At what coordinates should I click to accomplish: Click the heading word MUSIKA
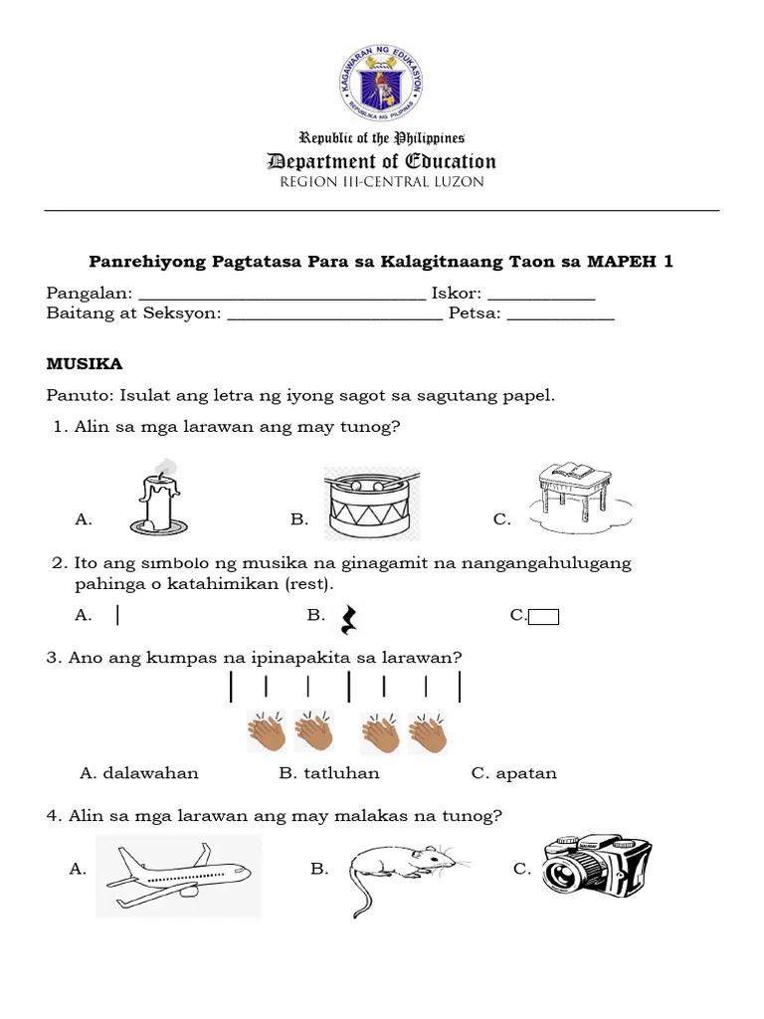[x=85, y=364]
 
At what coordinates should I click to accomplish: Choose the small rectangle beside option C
[x=544, y=617]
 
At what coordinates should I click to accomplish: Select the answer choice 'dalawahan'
[x=139, y=773]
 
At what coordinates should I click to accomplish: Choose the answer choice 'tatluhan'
[x=329, y=773]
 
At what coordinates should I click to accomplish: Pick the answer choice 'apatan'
[x=514, y=773]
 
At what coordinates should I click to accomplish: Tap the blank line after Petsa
[x=561, y=317]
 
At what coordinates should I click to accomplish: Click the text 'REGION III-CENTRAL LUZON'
[x=382, y=182]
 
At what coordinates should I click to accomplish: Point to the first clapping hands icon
[x=267, y=732]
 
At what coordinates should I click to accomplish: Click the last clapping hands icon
[x=429, y=732]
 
